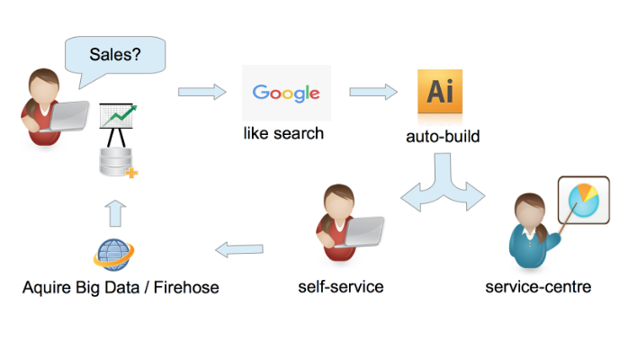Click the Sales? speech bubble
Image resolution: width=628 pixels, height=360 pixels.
114,56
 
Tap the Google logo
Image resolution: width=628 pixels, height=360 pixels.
286,93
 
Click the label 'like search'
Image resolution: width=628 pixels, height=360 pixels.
283,135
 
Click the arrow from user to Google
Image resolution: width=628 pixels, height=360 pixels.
201,91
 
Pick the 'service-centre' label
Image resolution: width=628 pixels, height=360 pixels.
538,287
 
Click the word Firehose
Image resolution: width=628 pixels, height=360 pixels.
186,287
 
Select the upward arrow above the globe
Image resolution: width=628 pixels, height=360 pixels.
114,212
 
